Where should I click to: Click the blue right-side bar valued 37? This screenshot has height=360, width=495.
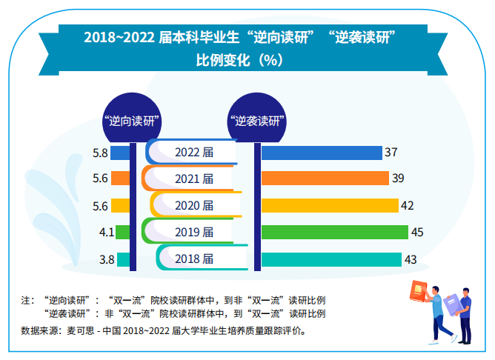(x=321, y=153)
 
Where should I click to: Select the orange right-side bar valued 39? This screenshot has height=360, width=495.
(x=325, y=179)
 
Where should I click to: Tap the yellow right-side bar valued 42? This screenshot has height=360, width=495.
(x=330, y=205)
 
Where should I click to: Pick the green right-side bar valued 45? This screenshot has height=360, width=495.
(x=334, y=232)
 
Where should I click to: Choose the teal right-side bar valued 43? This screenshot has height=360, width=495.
(x=331, y=259)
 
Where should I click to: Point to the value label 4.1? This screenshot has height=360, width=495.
(x=105, y=232)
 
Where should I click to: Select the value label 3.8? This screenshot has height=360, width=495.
(x=106, y=259)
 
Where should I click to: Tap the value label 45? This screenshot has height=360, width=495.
(x=417, y=232)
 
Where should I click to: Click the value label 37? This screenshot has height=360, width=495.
(x=391, y=153)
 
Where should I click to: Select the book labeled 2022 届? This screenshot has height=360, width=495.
(x=192, y=152)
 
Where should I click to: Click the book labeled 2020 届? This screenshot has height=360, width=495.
(x=195, y=205)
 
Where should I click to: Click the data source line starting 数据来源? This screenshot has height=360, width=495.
(x=162, y=331)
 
